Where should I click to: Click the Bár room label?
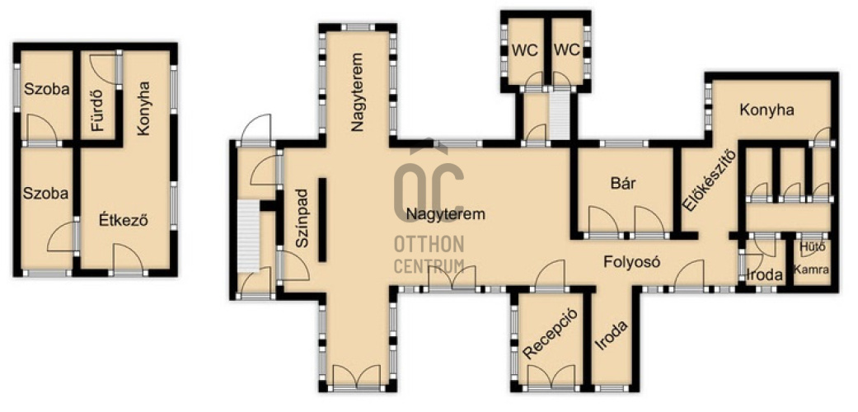tap(623, 183)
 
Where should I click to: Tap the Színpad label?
tap(303, 219)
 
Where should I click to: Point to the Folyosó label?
tap(631, 261)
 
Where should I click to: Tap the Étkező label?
tap(124, 221)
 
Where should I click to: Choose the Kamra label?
tap(811, 269)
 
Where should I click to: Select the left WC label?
tap(525, 50)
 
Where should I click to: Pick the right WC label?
tap(566, 50)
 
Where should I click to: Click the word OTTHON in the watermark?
tap(429, 244)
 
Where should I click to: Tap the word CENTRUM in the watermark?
tap(429, 267)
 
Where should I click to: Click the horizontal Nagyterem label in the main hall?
tap(445, 214)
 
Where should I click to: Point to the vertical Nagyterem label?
tap(358, 92)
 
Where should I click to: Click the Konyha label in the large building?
tap(767, 110)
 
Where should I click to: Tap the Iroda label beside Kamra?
tap(764, 275)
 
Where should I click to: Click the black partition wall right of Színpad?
tap(322, 219)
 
